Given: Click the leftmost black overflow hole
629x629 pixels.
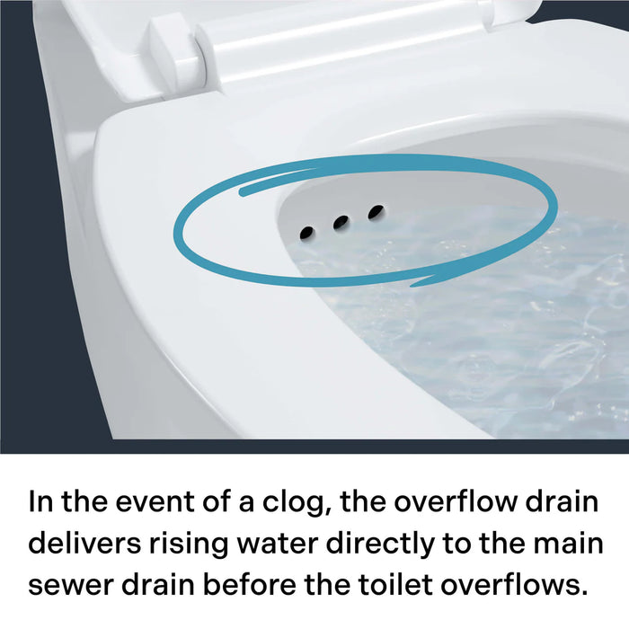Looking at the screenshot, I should pos(306,233).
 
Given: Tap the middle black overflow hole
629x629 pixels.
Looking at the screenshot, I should pos(341,223).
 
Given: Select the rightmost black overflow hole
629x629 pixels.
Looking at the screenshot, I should pos(376,212).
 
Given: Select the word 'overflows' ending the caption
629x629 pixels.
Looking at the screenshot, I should pos(519,585).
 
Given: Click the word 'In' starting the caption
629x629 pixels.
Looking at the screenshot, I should pos(40,501).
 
